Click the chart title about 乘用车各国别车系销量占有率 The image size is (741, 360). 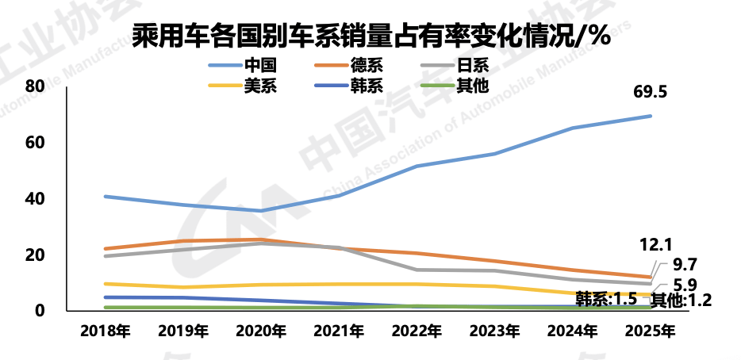370,36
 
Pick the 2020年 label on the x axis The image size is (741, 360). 260,331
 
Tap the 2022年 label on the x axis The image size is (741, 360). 417,331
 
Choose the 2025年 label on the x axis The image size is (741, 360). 650,331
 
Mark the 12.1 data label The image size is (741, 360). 657,244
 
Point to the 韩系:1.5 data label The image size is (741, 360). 607,299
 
